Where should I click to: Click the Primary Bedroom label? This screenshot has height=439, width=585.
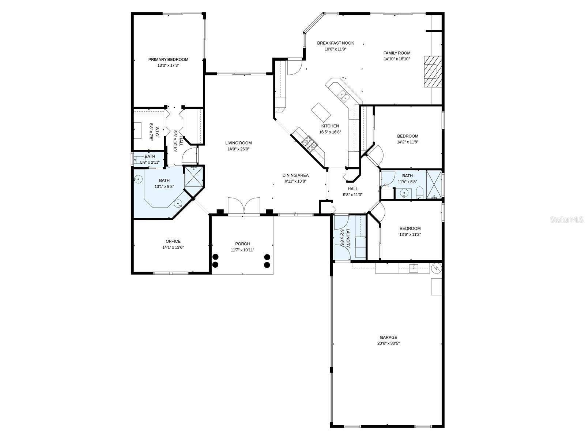coord(168,59)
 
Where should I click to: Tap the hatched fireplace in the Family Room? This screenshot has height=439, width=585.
coord(433,71)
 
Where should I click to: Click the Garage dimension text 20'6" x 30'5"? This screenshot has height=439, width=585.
coord(388,343)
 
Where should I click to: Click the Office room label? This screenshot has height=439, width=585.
coord(173,241)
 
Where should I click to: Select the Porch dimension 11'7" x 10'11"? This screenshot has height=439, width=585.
coord(242,250)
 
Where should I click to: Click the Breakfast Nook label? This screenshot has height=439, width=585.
coord(335,43)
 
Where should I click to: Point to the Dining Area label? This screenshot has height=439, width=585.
coord(295,175)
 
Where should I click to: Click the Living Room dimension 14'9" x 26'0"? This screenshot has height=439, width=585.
coord(238,149)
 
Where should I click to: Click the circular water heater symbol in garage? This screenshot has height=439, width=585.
coord(437,268)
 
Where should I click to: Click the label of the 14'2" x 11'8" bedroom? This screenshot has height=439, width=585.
coord(408,136)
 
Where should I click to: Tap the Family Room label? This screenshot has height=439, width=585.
coord(397,53)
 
